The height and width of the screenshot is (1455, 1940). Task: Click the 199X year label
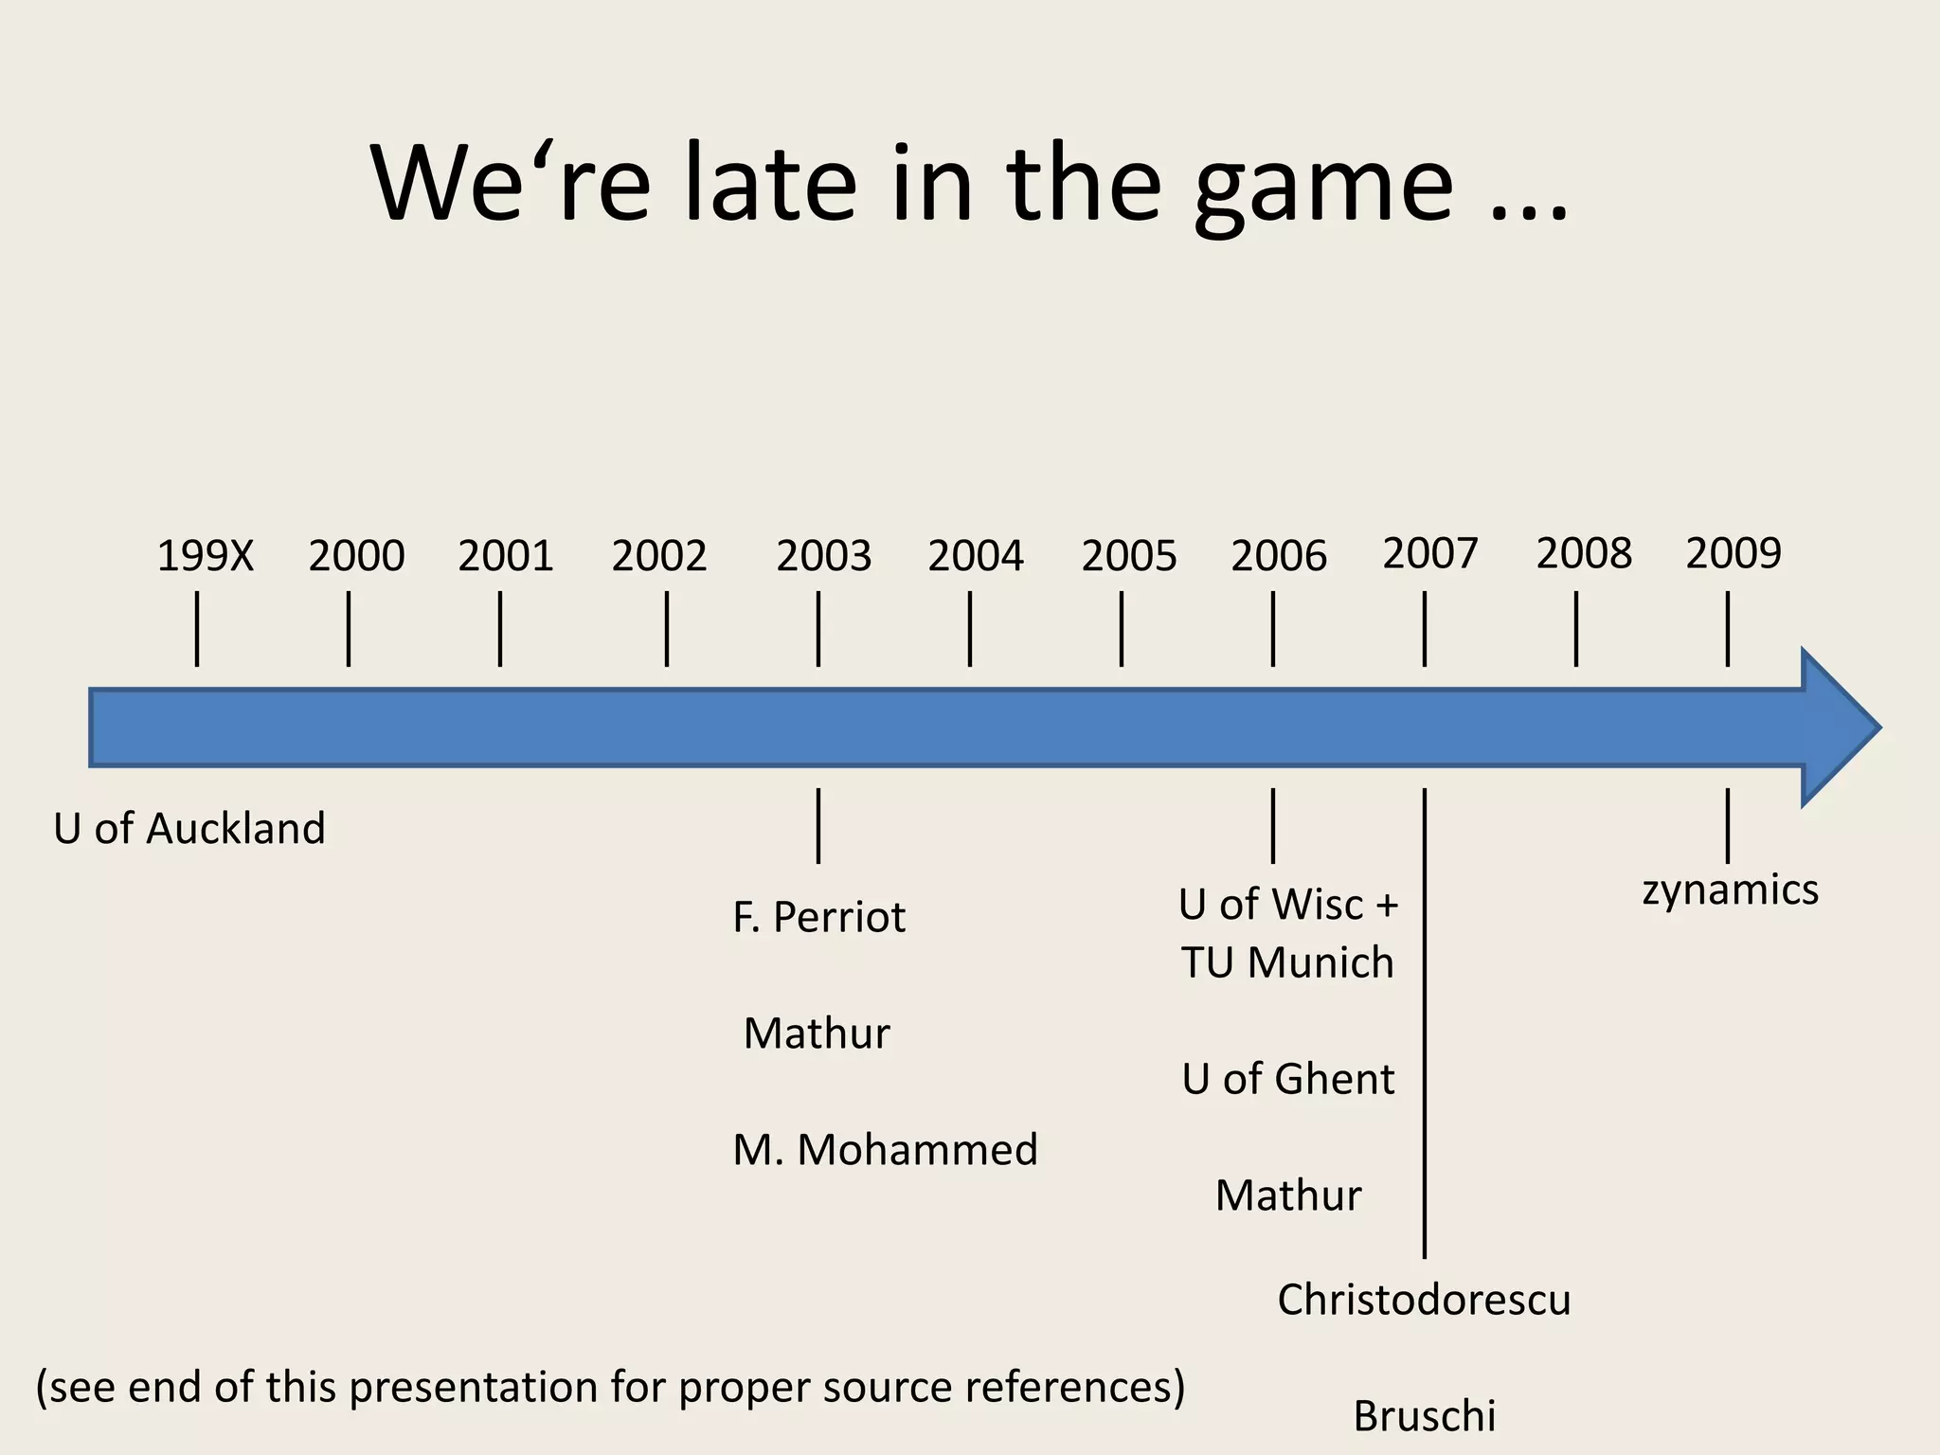click(206, 556)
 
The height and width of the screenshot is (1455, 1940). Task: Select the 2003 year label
click(823, 556)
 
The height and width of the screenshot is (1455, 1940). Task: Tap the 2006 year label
click(1279, 556)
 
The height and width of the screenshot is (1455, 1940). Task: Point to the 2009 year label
click(1733, 553)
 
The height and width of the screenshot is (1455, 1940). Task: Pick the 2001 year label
click(506, 556)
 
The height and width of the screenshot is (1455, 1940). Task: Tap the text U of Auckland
click(189, 829)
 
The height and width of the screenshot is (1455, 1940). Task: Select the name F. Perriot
click(818, 917)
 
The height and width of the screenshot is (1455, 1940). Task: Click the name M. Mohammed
click(885, 1150)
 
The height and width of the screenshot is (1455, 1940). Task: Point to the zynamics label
click(1730, 890)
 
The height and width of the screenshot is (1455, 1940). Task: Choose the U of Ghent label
click(1288, 1079)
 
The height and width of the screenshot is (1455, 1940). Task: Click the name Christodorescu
click(1424, 1300)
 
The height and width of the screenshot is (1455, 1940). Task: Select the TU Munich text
click(1287, 963)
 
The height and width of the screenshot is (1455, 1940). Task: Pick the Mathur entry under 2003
click(817, 1033)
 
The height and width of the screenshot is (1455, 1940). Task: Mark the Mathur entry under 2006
click(1288, 1195)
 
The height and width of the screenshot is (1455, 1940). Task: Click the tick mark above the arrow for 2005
click(1122, 629)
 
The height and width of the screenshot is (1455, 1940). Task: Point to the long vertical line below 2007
click(1425, 1023)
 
